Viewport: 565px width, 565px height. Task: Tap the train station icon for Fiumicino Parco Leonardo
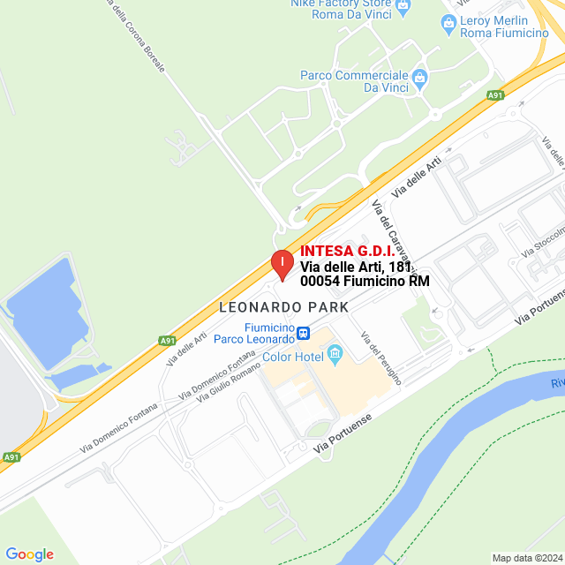click(x=304, y=333)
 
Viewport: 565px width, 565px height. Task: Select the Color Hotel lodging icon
click(x=335, y=355)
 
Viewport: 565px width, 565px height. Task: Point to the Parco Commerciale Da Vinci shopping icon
click(x=420, y=77)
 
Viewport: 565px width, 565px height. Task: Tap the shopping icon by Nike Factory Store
click(x=404, y=6)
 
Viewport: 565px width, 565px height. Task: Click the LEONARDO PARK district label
click(x=283, y=307)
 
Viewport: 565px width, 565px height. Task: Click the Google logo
click(x=29, y=554)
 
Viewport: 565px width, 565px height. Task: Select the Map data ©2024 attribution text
click(x=527, y=558)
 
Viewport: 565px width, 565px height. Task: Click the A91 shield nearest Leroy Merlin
click(x=496, y=95)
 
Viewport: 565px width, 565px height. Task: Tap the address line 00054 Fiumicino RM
click(x=365, y=282)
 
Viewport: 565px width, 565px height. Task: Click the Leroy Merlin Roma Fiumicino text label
click(x=506, y=26)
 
